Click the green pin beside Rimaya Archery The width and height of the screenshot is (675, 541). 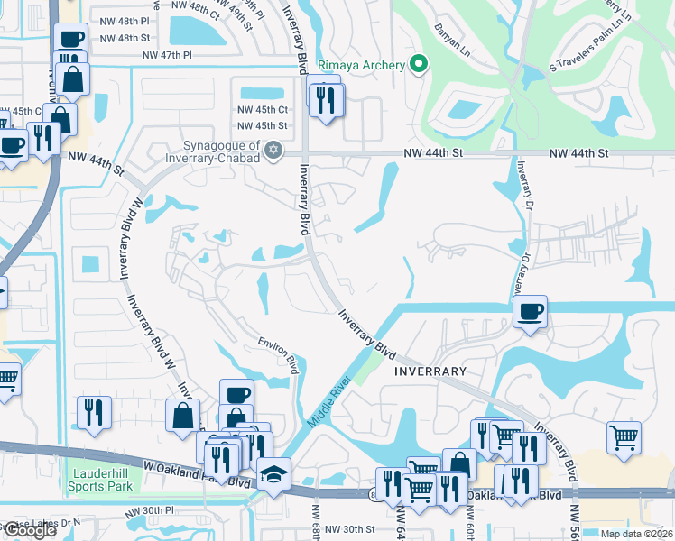(417, 63)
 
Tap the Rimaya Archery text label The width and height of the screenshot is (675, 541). (371, 63)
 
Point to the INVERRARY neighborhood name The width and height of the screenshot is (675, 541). (429, 371)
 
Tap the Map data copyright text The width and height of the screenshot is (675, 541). (637, 534)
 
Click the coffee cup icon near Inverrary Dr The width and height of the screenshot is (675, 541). (531, 311)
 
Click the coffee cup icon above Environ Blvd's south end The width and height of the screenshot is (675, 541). (236, 394)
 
